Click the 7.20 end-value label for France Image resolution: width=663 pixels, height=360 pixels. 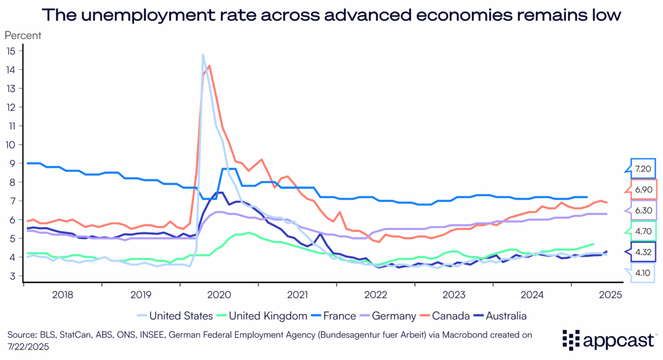point(644,168)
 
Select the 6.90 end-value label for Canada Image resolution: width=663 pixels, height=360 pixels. point(644,189)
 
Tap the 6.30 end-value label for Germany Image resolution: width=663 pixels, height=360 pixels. point(644,210)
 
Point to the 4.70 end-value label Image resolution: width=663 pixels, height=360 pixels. point(644,231)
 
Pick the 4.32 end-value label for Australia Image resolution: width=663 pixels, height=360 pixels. point(644,252)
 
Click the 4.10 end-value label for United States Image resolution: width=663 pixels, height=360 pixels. point(644,273)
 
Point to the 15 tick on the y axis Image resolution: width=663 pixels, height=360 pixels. point(12,50)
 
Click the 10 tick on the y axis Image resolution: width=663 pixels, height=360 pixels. point(12,144)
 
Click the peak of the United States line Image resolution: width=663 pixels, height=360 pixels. point(203,54)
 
